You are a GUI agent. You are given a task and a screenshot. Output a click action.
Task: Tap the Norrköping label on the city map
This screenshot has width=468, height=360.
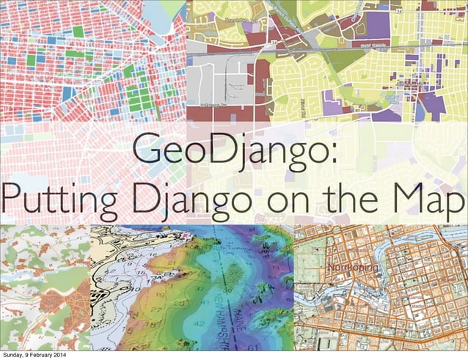pos(352,268)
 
